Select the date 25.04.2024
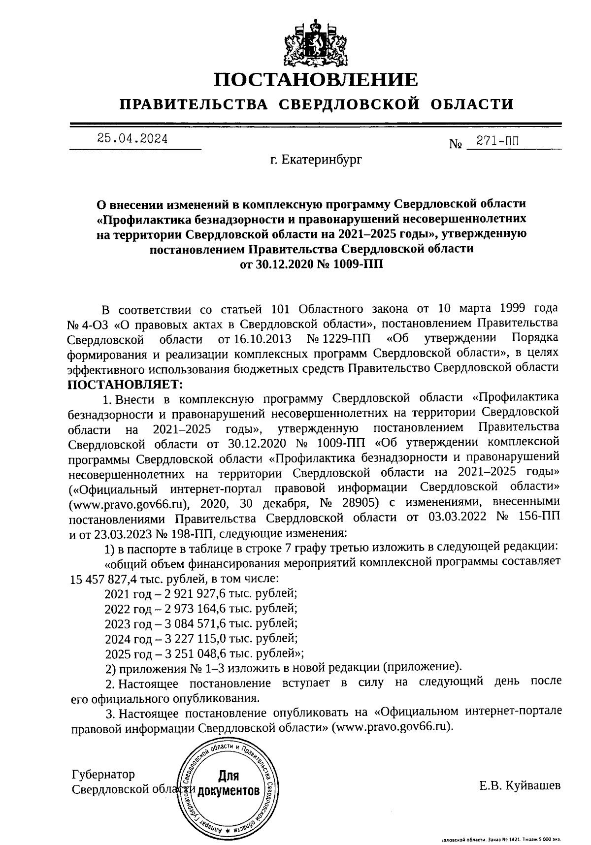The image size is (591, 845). [x=132, y=138]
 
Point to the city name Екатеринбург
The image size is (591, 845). [x=316, y=160]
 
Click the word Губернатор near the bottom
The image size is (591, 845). [x=103, y=775]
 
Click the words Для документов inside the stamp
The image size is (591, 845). [x=228, y=783]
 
